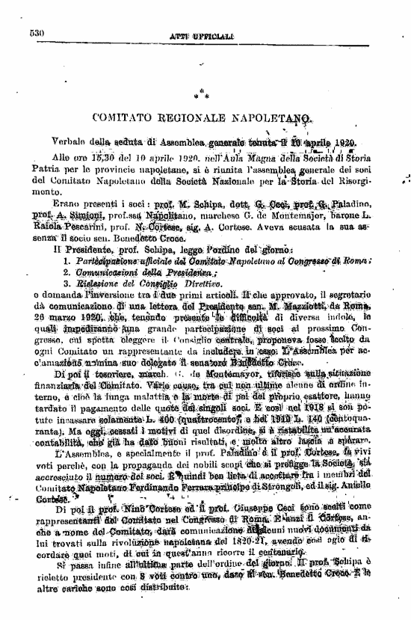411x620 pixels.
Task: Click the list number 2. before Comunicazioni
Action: (68, 272)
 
